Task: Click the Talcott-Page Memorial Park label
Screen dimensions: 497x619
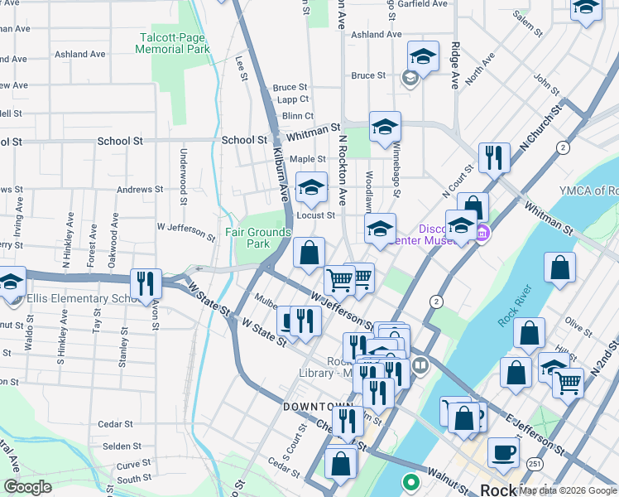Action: coord(174,43)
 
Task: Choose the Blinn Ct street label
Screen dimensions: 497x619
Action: coord(297,116)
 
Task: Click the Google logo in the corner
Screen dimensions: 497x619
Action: coord(28,487)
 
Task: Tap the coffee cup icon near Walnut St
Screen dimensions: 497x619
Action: coord(504,453)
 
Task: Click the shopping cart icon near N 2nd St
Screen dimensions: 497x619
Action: coord(568,382)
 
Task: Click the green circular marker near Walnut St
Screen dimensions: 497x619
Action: coord(410,481)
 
